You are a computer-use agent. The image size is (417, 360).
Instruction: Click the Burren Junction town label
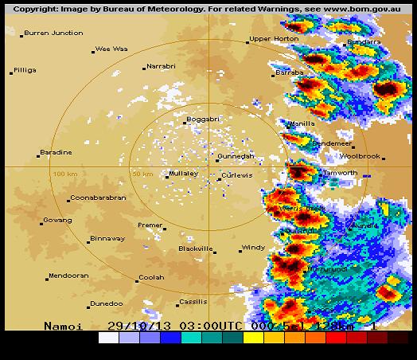click(53, 33)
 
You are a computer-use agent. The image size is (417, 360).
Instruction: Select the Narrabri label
click(161, 67)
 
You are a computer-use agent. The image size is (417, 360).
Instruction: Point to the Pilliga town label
click(25, 70)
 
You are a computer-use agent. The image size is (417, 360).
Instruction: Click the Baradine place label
click(56, 152)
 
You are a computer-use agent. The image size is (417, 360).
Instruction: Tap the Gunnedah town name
click(236, 156)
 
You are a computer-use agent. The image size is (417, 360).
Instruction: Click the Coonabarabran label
click(98, 198)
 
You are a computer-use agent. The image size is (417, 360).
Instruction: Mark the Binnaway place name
click(107, 238)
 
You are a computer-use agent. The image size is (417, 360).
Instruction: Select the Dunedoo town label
click(106, 303)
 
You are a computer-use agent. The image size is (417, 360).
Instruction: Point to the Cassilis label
click(193, 302)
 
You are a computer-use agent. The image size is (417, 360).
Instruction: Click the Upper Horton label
click(273, 39)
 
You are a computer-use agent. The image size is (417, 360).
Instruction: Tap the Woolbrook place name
click(359, 157)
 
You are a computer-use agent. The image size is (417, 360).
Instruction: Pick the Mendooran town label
click(68, 276)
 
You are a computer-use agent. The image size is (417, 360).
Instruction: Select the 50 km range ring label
click(143, 174)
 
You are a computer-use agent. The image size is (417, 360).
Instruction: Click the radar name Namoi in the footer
click(62, 326)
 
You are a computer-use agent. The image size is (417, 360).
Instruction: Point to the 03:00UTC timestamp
click(196, 326)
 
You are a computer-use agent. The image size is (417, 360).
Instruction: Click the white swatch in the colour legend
click(108, 338)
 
